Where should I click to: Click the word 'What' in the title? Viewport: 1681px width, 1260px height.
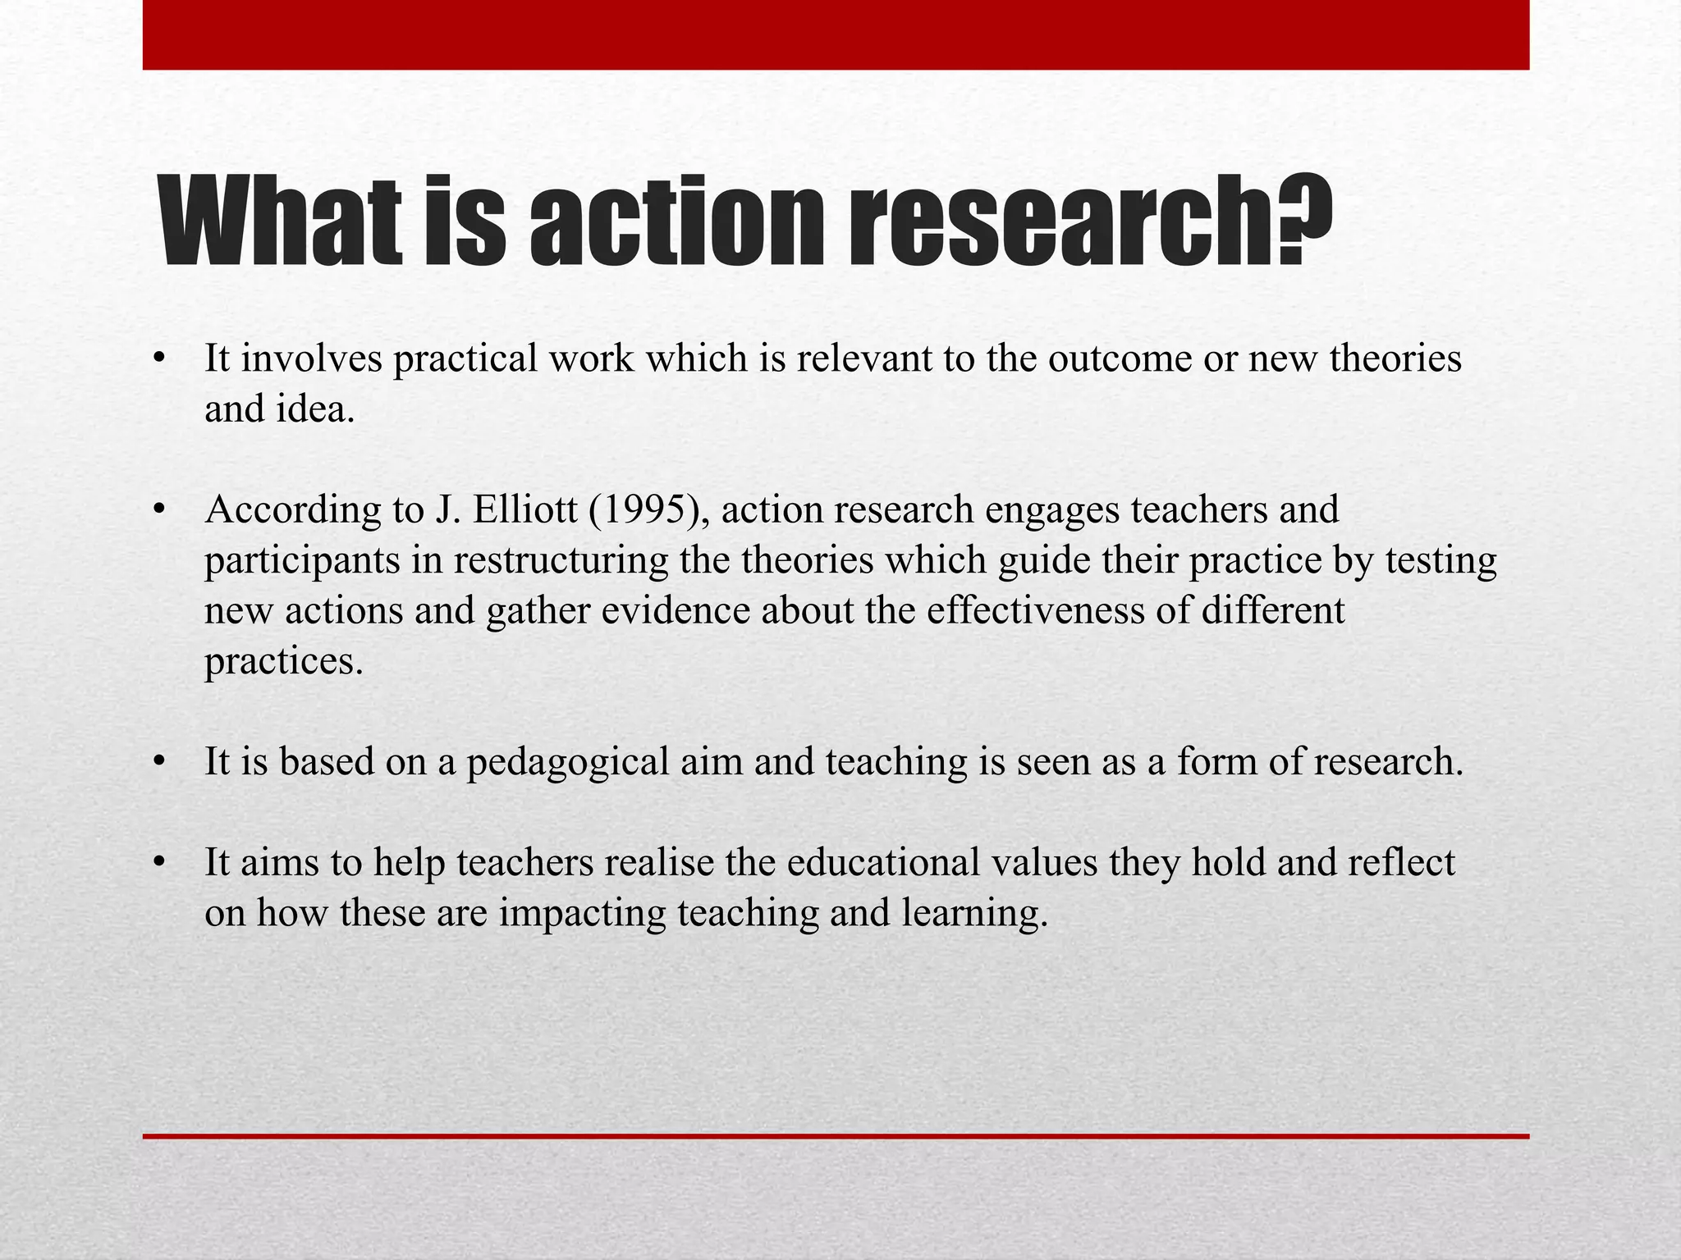[280, 221]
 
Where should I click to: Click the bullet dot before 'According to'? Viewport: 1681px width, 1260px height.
[160, 511]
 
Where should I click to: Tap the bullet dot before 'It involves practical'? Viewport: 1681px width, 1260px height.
[160, 360]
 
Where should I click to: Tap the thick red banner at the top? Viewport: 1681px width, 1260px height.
[836, 34]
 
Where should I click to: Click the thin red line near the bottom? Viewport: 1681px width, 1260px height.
[836, 1136]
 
